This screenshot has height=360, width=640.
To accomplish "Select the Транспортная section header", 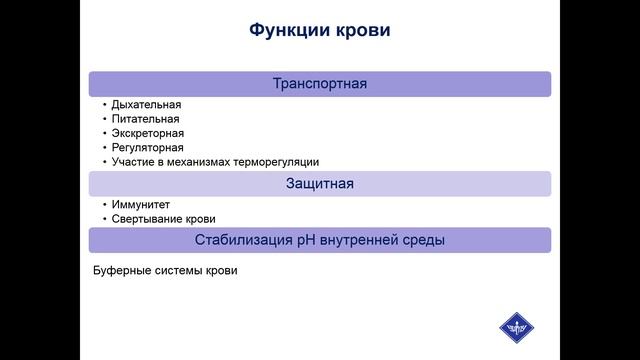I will point(320,84).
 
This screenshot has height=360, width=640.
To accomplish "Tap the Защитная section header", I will point(320,184).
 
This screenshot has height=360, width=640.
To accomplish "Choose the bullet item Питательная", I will point(146,118).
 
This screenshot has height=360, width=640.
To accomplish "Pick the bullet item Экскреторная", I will point(148,133).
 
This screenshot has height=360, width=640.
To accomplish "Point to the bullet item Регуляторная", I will point(148,147).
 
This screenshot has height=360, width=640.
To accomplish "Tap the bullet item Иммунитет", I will point(141,204).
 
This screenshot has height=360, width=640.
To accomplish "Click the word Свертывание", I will point(148,219).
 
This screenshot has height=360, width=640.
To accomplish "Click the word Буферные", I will point(119,270).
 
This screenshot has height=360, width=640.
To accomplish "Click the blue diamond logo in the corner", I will point(519,328).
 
